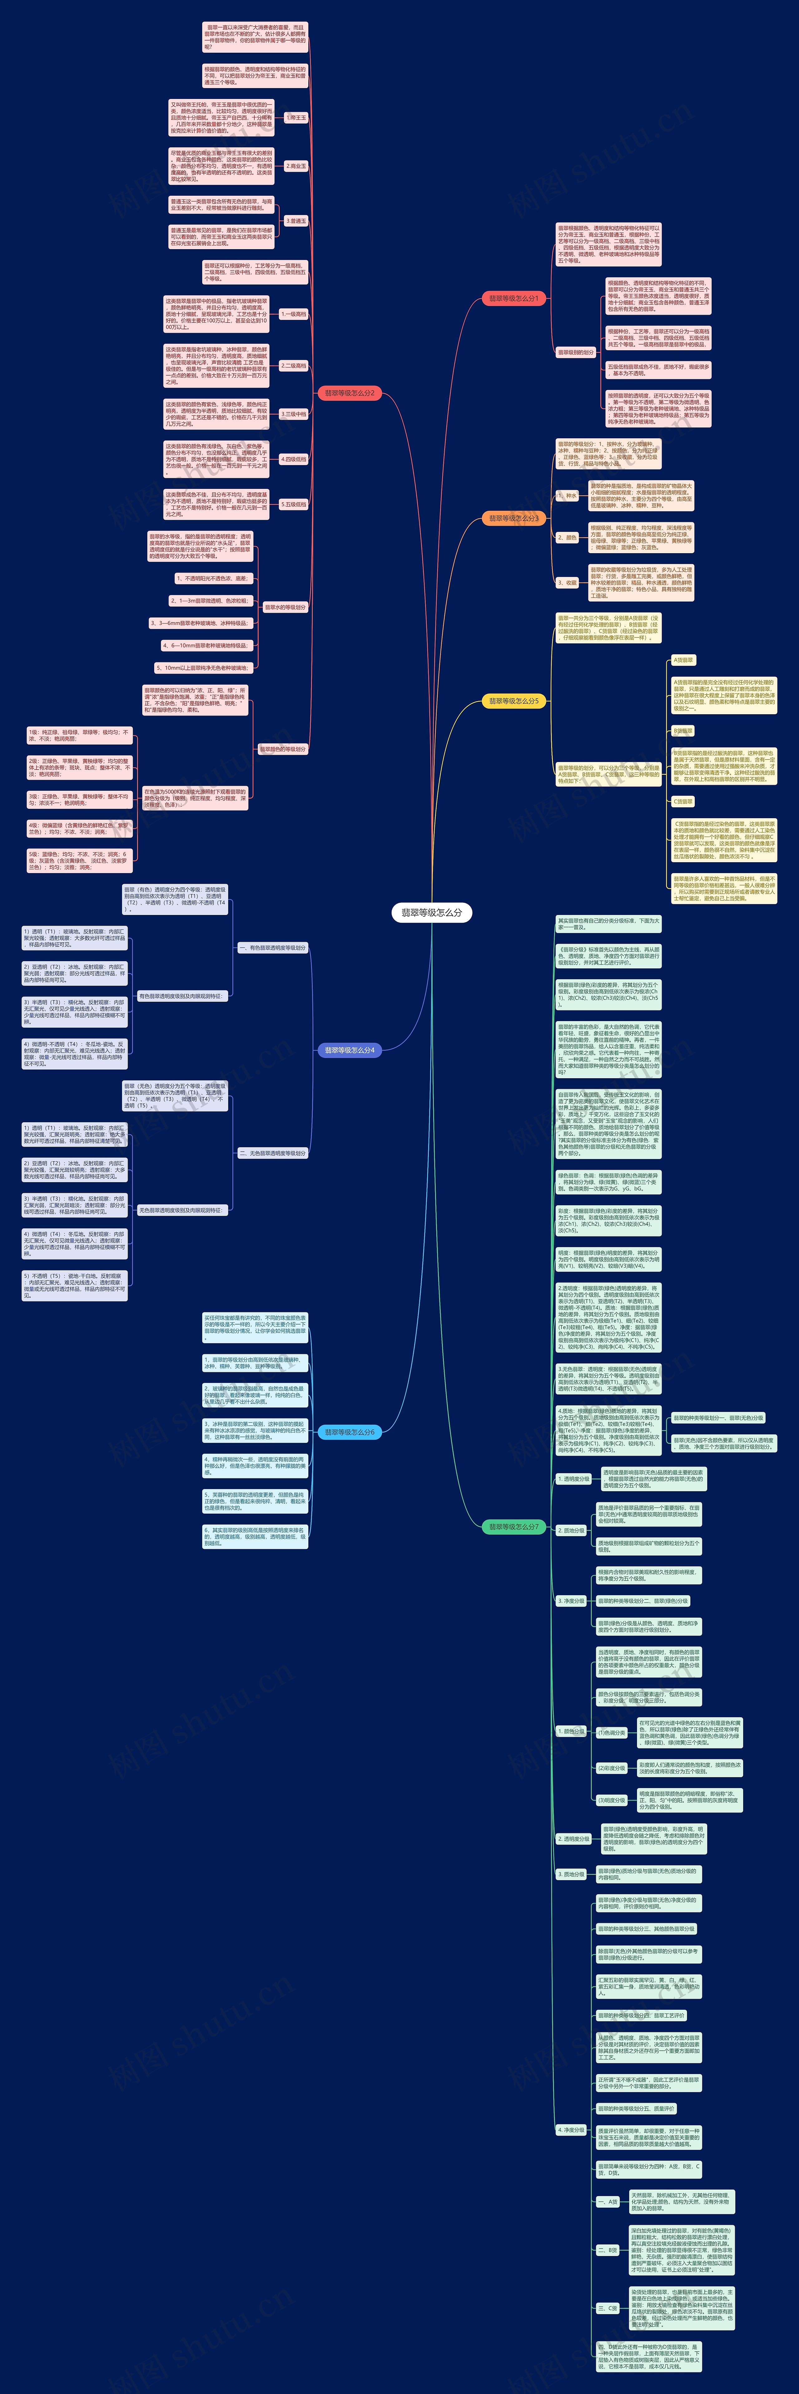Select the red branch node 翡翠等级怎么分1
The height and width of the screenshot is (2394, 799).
(x=513, y=298)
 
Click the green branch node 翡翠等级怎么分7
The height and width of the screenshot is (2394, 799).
(x=513, y=1527)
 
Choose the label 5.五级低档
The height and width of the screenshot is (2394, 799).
(x=294, y=505)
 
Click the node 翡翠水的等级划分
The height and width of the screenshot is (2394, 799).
(x=285, y=607)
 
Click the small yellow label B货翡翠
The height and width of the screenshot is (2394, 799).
(x=683, y=731)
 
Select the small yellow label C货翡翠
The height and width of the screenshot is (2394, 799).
(x=683, y=801)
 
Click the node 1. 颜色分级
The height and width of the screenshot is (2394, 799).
(x=572, y=1731)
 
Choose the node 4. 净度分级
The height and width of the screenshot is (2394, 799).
(x=572, y=2129)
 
